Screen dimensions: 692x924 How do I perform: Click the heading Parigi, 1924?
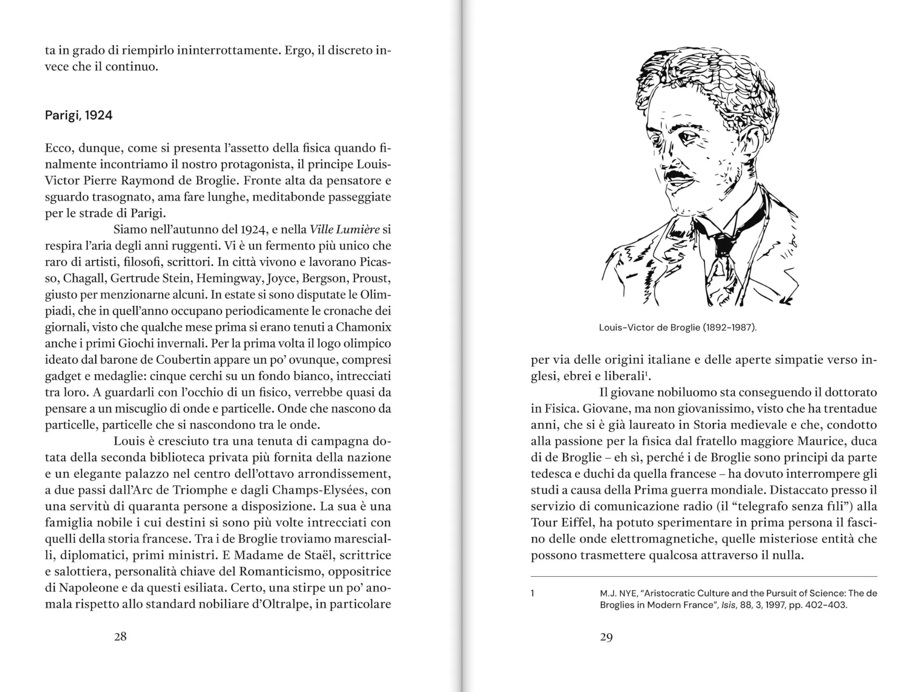[x=79, y=115]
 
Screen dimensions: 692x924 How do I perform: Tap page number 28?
[x=120, y=636]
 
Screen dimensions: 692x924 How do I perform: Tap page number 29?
[x=606, y=637]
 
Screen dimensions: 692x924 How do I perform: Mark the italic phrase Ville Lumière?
[x=345, y=230]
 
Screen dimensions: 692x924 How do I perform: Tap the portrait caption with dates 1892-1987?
[x=677, y=328]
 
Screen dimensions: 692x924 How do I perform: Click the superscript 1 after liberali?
[x=646, y=373]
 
